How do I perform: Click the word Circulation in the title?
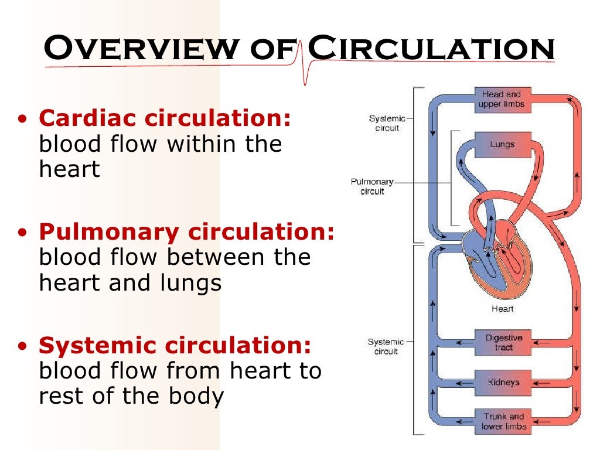pos(431,49)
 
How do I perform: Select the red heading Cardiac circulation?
pos(165,118)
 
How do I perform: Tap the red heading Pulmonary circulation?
pos(186,232)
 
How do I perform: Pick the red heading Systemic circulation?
pos(175,346)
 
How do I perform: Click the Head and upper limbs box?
pos(502,99)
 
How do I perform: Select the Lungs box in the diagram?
pos(502,144)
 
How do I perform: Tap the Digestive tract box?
pos(503,343)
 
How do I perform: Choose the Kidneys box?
pos(503,383)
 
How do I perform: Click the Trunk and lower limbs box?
pos(503,421)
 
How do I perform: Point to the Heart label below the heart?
pos(503,309)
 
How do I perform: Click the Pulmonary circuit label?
pos(372,187)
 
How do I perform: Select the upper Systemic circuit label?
pos(387,124)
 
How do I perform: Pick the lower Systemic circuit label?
pos(386,346)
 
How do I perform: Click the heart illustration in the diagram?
pos(498,264)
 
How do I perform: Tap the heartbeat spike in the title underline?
pos(304,64)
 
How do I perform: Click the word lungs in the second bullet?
pos(190,283)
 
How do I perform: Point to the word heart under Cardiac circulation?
pos(69,169)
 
